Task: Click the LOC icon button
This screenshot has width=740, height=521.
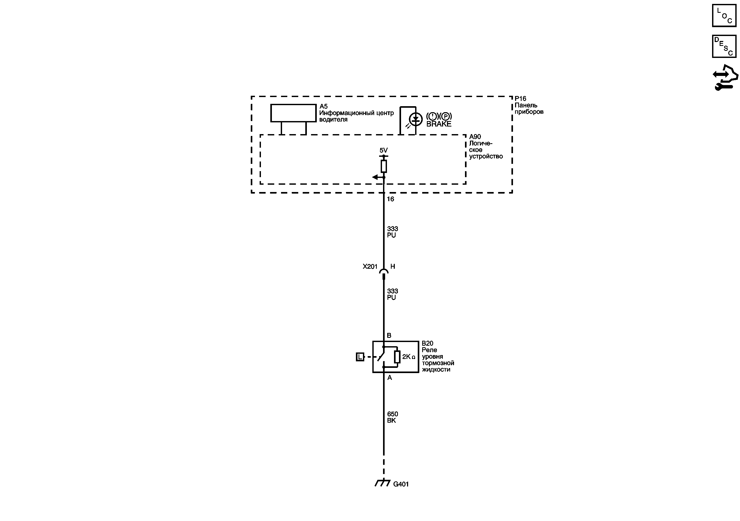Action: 724,15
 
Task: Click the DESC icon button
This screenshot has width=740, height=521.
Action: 724,46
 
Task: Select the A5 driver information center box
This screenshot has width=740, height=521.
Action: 293,113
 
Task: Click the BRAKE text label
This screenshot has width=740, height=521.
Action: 439,124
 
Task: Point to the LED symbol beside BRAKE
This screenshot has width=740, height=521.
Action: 415,119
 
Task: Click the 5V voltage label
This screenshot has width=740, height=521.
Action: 383,150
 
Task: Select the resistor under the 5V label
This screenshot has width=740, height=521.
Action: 384,166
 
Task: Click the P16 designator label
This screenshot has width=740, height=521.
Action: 520,99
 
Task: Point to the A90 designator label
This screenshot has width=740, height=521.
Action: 475,137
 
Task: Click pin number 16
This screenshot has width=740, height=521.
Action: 390,199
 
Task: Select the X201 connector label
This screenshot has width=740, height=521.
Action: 370,266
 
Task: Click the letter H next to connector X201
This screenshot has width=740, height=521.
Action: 392,266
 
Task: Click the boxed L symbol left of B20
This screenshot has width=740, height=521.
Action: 360,357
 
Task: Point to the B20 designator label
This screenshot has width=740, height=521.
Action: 427,344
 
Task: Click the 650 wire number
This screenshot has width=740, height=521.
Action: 392,414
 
